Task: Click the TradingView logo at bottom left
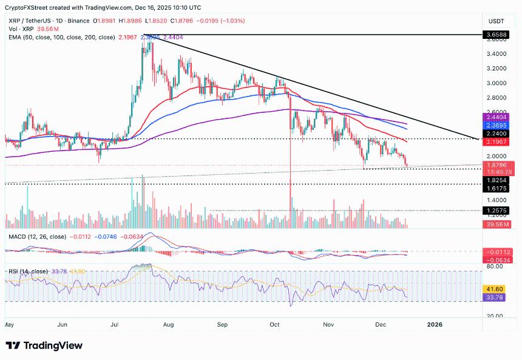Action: pos(44,345)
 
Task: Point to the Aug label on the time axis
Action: pos(169,324)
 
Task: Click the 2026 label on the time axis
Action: pos(435,324)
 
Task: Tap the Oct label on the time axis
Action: pos(275,324)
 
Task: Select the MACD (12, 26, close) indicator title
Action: pos(36,236)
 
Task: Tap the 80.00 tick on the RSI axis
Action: pos(495,266)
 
